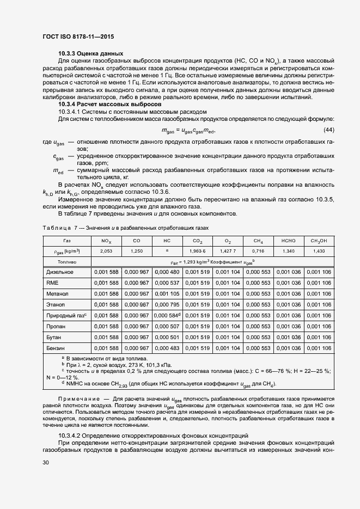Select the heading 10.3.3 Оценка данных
(x=90, y=53)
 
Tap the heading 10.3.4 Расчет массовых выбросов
(x=109, y=103)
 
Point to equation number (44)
(x=329, y=130)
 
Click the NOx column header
(x=106, y=241)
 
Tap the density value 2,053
(x=106, y=251)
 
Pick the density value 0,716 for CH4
(x=258, y=251)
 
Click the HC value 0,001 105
(x=167, y=293)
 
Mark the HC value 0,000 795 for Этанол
(x=167, y=304)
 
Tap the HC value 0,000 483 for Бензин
(x=167, y=348)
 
